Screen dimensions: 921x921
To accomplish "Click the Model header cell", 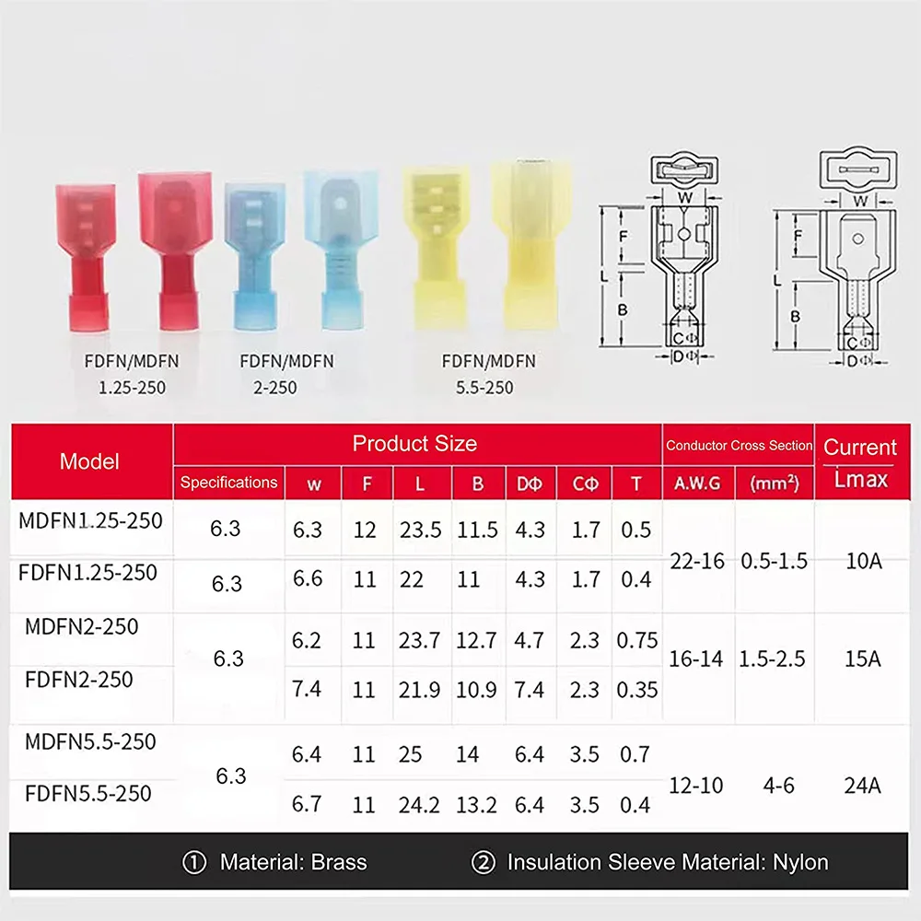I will [89, 461].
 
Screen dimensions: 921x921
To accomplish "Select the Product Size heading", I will [414, 444].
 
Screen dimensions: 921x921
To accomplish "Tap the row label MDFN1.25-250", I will [90, 520].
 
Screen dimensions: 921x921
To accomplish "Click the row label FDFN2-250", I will [79, 680].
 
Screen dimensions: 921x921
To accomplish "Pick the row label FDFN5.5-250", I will [88, 793].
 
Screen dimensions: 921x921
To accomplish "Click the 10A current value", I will [862, 560].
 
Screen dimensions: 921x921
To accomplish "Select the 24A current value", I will [862, 786].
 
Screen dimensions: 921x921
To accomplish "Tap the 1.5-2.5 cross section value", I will [772, 659].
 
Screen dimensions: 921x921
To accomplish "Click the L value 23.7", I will [420, 639].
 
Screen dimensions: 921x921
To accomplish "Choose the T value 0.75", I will [637, 639].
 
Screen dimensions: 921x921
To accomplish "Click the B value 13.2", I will [476, 805].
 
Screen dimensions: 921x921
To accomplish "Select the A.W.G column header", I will [696, 482].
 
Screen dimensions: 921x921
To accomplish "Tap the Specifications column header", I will [228, 482].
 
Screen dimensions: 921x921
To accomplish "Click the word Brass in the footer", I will [339, 863].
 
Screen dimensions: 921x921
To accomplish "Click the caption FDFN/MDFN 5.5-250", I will [488, 373].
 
